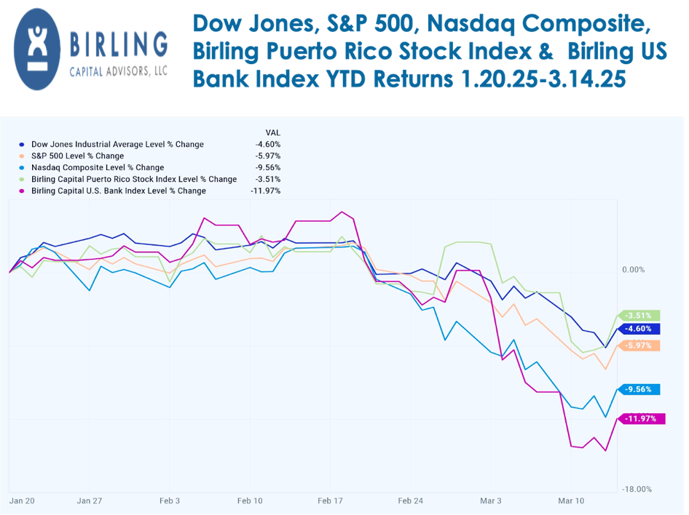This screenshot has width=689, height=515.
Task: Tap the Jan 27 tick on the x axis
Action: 89,500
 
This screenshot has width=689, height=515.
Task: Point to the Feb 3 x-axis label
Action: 169,500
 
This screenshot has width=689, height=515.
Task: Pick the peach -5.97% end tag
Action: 641,346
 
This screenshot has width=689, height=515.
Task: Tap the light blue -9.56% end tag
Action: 641,389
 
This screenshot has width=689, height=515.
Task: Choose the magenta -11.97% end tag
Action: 641,419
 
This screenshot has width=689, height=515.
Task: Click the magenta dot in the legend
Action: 23,191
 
